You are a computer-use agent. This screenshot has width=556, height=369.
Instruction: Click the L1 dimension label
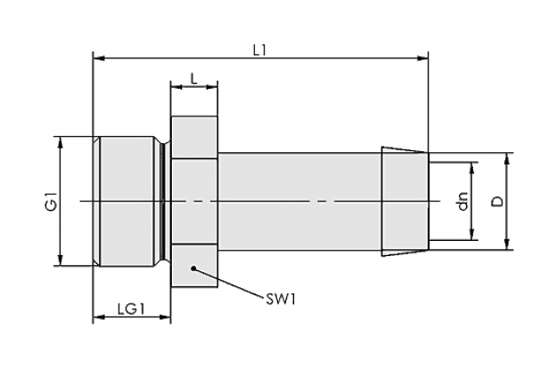coord(259,51)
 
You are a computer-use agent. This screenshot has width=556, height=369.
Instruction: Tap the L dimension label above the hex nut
coord(193,78)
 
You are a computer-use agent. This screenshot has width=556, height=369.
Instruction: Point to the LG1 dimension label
coord(131,309)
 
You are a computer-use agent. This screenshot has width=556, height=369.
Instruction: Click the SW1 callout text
coord(281,300)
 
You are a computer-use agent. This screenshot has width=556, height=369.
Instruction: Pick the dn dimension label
coord(462,201)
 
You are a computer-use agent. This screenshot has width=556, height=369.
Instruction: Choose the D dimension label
coord(497,201)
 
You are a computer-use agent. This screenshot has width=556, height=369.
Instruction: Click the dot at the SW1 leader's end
coord(193,269)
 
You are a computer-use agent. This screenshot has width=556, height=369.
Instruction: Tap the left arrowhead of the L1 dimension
coord(99,58)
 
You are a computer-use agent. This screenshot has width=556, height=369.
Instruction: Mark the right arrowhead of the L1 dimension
coord(422,58)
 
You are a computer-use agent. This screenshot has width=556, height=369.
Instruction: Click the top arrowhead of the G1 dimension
coord(61,142)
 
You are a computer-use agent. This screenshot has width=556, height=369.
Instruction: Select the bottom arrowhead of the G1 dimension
coord(61,260)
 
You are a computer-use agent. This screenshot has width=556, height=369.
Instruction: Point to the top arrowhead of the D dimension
coord(507,159)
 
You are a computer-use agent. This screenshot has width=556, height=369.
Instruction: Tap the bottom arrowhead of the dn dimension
coord(471,234)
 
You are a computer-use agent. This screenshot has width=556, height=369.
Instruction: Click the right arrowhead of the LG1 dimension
coord(165,317)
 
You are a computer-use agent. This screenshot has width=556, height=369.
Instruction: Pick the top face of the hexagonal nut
coord(194,138)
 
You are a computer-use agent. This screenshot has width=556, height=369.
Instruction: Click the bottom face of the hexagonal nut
coord(194,265)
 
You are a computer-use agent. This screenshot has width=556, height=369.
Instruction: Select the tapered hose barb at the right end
coord(405,201)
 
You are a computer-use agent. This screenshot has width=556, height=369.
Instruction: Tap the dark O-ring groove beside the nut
coord(162,201)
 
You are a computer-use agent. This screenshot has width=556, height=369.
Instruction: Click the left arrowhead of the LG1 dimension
coord(99,317)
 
